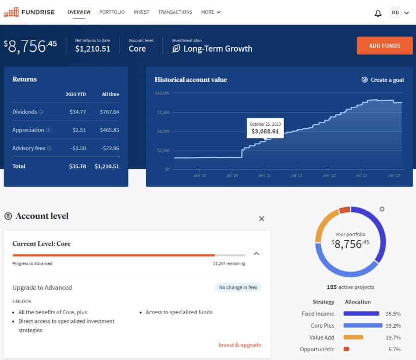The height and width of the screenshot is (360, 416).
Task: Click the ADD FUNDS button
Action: [385, 46]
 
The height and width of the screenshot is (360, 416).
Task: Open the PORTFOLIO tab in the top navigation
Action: [112, 12]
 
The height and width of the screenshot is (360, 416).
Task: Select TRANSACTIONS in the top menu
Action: [175, 12]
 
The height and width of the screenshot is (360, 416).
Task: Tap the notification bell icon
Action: [378, 13]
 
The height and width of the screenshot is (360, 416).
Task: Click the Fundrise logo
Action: [29, 12]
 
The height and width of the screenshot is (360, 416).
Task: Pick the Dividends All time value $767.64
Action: [110, 112]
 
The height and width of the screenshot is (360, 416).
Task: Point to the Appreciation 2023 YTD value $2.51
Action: [79, 130]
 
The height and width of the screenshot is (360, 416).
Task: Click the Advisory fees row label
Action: [29, 148]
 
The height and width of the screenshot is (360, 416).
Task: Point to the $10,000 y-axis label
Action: [162, 93]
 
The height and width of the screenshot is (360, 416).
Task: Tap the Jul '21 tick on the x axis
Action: [296, 176]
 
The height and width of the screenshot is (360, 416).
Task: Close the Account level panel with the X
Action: [262, 219]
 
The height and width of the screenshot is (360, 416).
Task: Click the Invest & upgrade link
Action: [240, 345]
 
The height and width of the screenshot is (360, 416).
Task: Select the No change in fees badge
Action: [238, 287]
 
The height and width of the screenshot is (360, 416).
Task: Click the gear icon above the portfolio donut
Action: [382, 209]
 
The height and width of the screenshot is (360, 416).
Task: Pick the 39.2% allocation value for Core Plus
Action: [394, 325]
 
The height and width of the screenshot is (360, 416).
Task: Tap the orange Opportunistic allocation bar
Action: [346, 349]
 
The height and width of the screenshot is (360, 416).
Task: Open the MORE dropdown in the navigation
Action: [211, 12]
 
